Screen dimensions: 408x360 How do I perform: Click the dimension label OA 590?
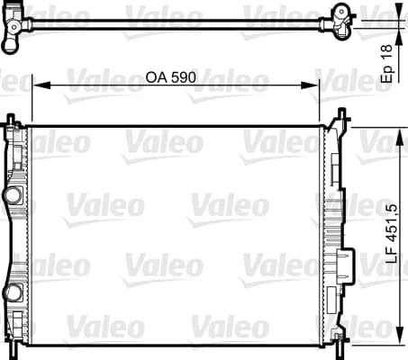click(x=170, y=77)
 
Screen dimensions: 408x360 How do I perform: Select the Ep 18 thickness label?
click(x=387, y=64)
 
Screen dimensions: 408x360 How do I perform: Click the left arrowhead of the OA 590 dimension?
click(x=41, y=85)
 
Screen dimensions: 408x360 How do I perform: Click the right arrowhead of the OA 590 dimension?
click(x=310, y=85)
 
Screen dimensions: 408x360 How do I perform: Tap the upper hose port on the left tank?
click(x=14, y=195)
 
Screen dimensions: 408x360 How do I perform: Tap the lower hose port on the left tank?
click(x=14, y=293)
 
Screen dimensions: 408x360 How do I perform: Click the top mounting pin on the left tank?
click(x=11, y=119)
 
